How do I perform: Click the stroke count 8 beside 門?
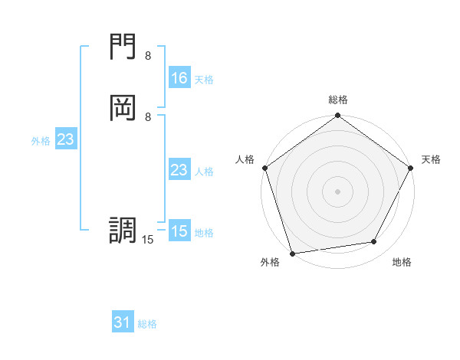tap(148, 56)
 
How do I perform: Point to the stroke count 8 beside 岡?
tap(148, 116)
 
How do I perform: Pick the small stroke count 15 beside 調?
tap(148, 240)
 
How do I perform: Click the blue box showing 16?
tap(179, 78)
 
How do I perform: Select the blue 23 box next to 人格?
tap(179, 170)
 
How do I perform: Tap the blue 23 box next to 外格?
tap(65, 139)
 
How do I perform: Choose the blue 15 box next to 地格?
tap(179, 231)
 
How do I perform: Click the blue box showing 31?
tap(123, 322)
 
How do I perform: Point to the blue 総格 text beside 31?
tap(147, 324)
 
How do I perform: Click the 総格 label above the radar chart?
tap(337, 100)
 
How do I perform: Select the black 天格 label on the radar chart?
tap(431, 159)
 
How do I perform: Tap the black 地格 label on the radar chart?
tap(402, 262)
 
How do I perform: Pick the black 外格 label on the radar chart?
tap(270, 262)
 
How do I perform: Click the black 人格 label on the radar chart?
tap(245, 159)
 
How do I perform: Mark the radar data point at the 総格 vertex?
tap(337, 116)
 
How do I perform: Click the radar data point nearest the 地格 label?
tap(374, 242)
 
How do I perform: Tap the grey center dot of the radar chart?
tap(337, 191)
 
